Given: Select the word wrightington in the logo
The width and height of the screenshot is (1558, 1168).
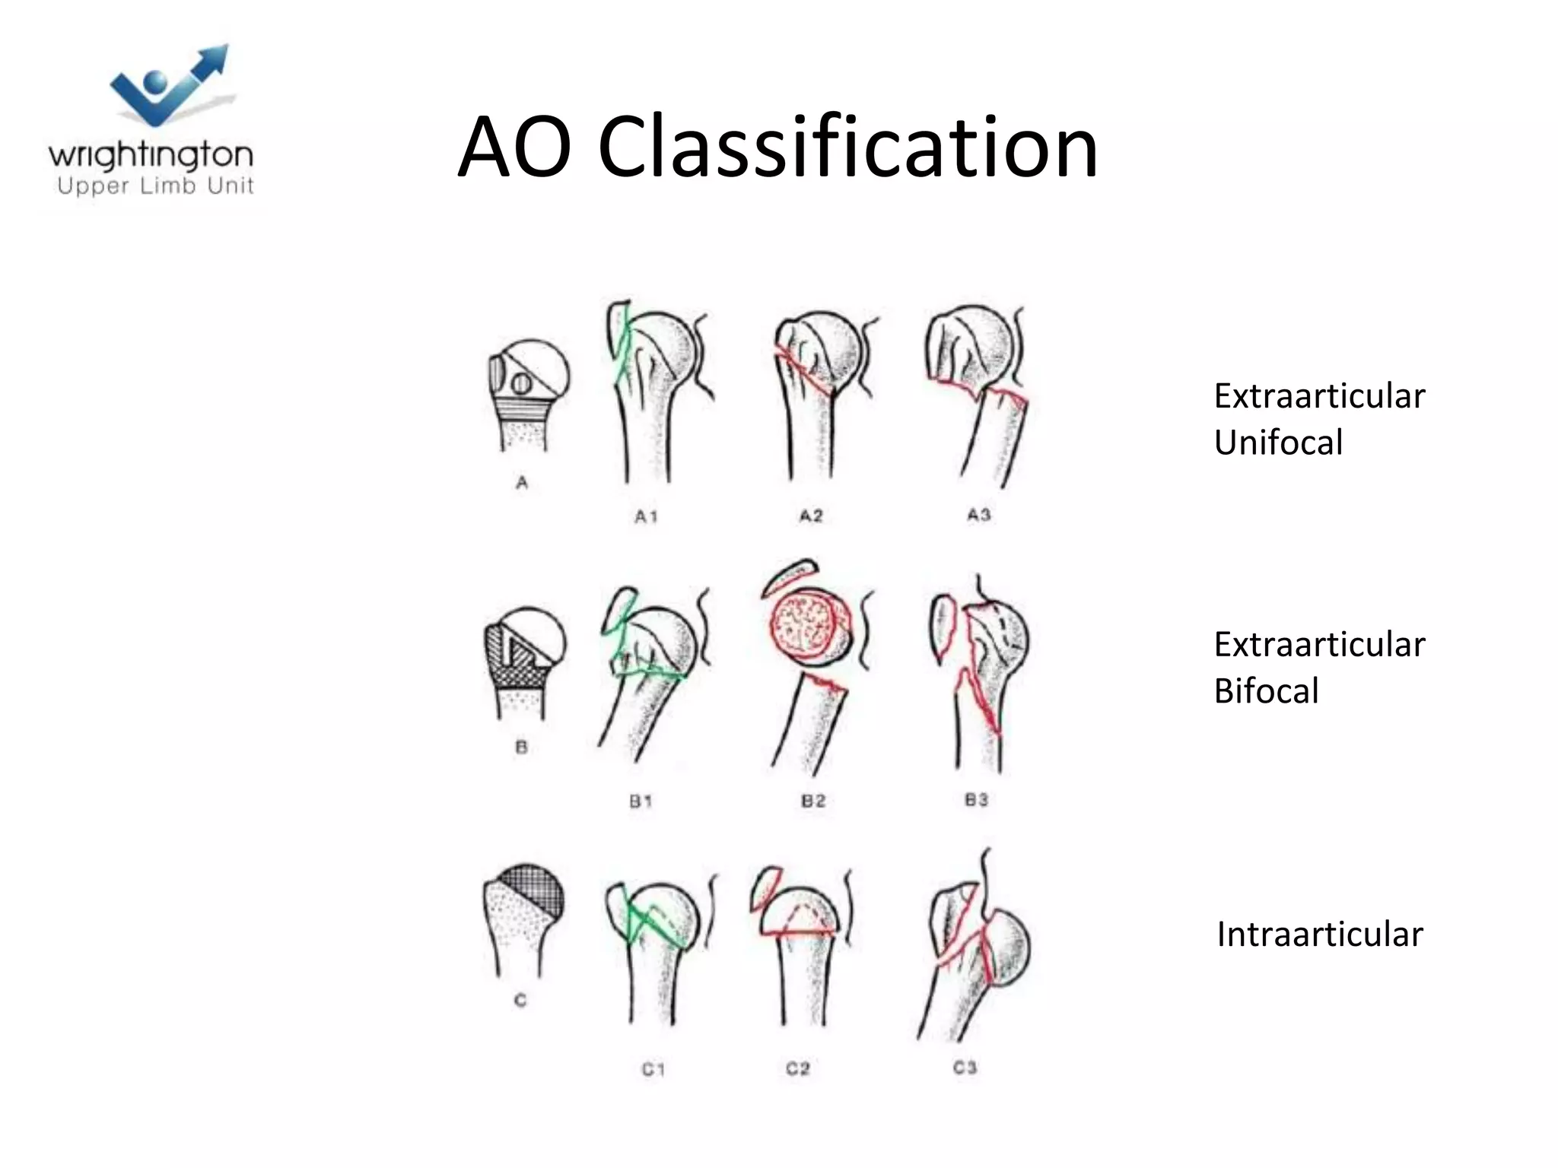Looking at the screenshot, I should [151, 155].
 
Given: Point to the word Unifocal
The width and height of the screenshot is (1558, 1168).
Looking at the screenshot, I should [1278, 443].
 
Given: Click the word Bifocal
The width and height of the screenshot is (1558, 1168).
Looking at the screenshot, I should [1266, 691].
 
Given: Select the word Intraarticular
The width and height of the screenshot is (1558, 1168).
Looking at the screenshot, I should [1319, 935].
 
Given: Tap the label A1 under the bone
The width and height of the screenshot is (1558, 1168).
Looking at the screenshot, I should [646, 517].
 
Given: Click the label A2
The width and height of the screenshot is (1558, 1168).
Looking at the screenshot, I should [811, 516].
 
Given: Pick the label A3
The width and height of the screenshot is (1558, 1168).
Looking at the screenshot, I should [978, 515].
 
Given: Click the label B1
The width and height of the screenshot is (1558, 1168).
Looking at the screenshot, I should [641, 801].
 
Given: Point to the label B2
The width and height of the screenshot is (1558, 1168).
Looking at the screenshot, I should [812, 801].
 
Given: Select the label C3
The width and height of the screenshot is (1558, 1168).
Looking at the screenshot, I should [965, 1068].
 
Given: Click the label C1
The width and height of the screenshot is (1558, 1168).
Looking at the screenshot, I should [653, 1069].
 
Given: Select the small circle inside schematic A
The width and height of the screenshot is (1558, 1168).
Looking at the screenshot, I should [521, 384].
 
